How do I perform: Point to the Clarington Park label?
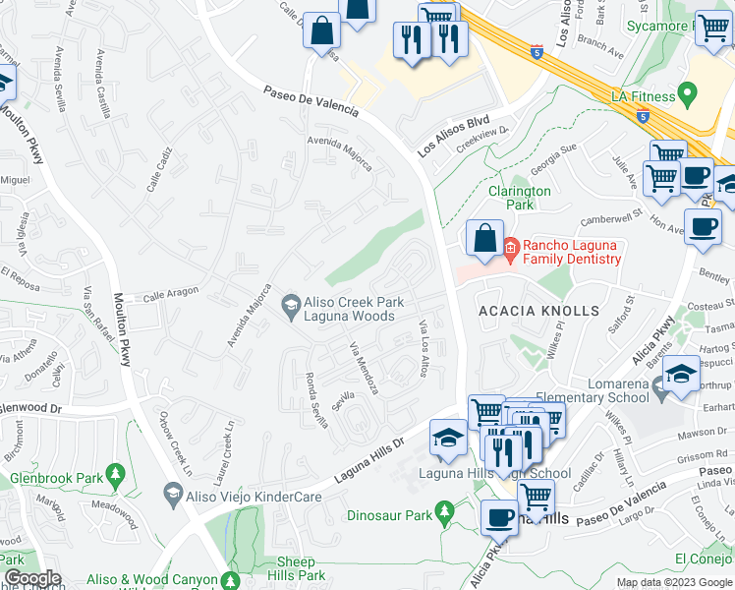tap(520, 198)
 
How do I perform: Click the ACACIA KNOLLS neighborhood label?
tap(537, 311)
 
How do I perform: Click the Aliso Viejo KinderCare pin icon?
tap(173, 498)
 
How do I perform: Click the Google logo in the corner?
tap(32, 578)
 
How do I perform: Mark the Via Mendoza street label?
tap(364, 368)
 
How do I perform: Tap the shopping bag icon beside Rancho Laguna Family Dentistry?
tap(485, 238)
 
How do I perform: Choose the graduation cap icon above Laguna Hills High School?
tap(448, 438)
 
